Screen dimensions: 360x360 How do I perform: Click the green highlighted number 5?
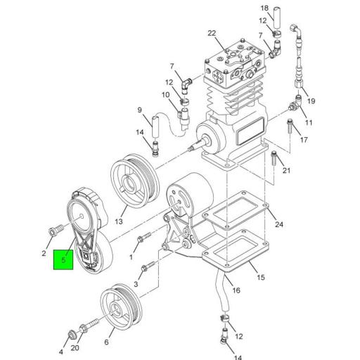[x=64, y=261]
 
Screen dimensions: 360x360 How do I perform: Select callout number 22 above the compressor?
[x=212, y=33]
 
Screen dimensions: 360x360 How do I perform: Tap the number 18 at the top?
[x=264, y=8]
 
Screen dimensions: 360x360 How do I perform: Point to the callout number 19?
[x=311, y=101]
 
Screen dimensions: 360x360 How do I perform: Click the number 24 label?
[x=279, y=225]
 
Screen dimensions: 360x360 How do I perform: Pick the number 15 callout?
[x=260, y=278]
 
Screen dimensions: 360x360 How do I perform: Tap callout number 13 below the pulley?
[x=119, y=221]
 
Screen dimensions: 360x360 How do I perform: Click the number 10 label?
[x=166, y=95]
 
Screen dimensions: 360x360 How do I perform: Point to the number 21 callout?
[x=286, y=171]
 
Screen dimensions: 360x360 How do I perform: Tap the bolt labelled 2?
[x=55, y=230]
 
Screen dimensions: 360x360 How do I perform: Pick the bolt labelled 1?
[x=143, y=240]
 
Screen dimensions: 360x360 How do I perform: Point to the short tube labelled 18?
[x=276, y=17]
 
